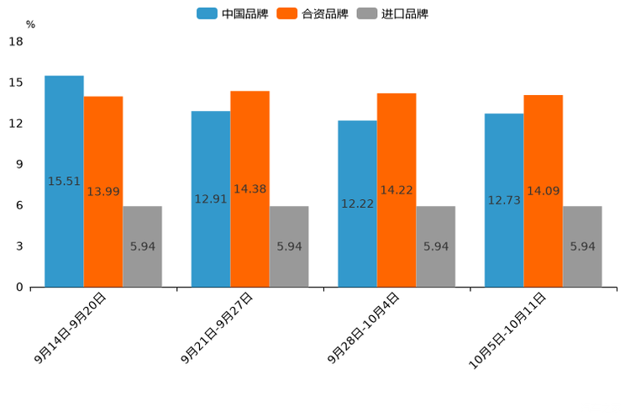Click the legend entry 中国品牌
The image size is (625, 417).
233,13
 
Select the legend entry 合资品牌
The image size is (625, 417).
312,13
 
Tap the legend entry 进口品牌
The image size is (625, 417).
392,13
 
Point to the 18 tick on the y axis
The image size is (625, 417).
16,41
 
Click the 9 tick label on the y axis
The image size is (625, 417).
19,165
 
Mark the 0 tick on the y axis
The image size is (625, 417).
19,288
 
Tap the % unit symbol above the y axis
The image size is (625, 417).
30,24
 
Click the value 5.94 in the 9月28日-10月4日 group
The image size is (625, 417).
436,246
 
